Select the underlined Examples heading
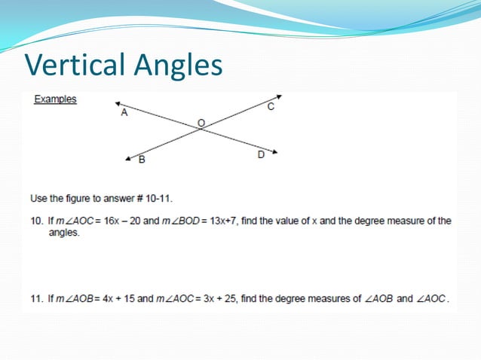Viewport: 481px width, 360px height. [55, 99]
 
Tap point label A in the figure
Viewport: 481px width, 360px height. [124, 113]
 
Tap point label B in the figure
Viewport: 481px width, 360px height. [141, 160]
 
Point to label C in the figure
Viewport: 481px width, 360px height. [271, 108]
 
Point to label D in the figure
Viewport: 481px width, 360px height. [261, 154]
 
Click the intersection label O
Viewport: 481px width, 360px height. [201, 121]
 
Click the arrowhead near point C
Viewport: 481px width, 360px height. [279, 96]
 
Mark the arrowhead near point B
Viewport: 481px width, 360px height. [129, 158]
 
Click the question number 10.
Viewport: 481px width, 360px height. [35, 221]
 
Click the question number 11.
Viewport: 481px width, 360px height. [35, 298]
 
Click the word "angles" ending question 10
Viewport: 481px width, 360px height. [64, 233]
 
